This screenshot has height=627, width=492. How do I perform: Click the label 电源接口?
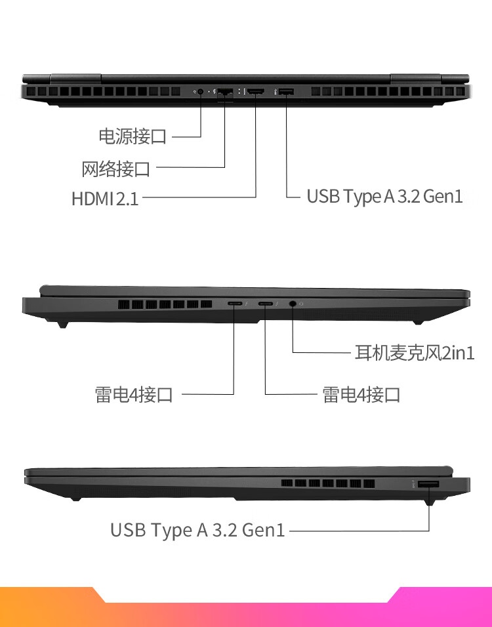tap(133, 137)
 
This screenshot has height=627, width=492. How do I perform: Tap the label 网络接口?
tap(116, 169)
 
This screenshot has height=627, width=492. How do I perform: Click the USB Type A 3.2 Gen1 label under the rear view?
tap(385, 196)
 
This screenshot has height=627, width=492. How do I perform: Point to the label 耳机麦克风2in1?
tap(414, 353)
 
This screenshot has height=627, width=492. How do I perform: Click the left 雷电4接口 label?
tap(134, 394)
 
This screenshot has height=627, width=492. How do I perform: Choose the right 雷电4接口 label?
tap(361, 394)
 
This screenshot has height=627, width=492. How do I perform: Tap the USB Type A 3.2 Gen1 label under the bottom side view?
tap(197, 530)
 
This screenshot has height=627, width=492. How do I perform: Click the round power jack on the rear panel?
tap(200, 92)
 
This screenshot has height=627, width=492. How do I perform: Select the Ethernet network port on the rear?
tap(225, 92)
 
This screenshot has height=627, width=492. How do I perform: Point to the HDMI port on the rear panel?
tap(255, 92)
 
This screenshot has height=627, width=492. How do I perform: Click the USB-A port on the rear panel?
tap(286, 92)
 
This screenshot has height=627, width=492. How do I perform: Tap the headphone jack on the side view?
tap(292, 304)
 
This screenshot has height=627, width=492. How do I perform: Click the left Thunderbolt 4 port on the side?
tap(234, 304)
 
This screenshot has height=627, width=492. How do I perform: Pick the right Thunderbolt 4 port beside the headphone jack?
tap(266, 304)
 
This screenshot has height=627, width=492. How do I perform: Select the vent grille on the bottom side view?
tap(328, 484)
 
